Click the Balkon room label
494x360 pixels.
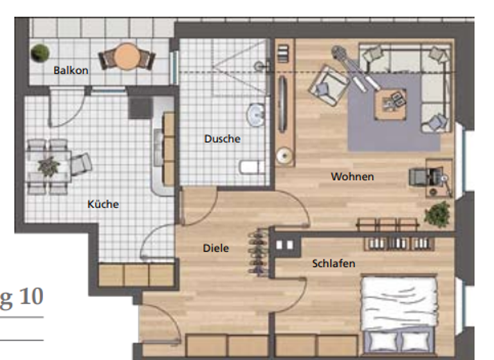[x=71, y=70]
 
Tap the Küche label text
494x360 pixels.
[x=103, y=204]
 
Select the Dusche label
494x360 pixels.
[x=223, y=138]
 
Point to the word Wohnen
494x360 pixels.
[x=352, y=176]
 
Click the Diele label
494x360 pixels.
[x=216, y=248]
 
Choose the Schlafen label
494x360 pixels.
[x=334, y=264]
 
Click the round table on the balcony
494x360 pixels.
[x=128, y=56]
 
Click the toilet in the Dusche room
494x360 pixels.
[x=249, y=168]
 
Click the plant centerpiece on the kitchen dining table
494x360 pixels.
[x=48, y=166]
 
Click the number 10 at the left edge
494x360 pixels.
[x=31, y=297]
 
